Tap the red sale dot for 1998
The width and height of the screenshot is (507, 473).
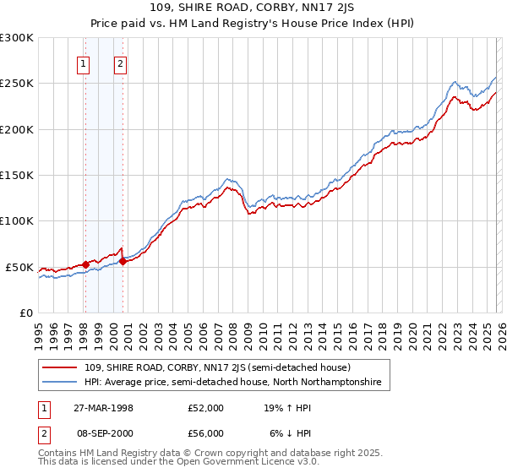(x=85, y=264)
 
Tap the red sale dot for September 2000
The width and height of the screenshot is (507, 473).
(x=123, y=261)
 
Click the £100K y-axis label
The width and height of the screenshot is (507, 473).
(x=17, y=220)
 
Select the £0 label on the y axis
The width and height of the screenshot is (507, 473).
(x=26, y=313)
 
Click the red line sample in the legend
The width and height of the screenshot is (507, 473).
(x=62, y=367)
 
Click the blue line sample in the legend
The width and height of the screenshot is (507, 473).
(x=62, y=383)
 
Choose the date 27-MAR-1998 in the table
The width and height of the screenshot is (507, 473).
(x=103, y=408)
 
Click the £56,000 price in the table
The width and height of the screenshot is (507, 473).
(x=206, y=433)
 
